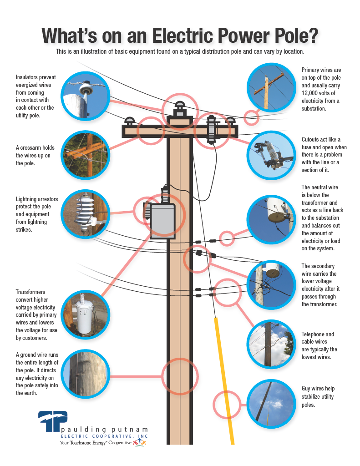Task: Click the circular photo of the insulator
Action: click(86, 96)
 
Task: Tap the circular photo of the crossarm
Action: click(86, 155)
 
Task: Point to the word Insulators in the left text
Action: click(29, 77)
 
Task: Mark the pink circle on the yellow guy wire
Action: click(227, 405)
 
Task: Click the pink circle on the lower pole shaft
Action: click(180, 376)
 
